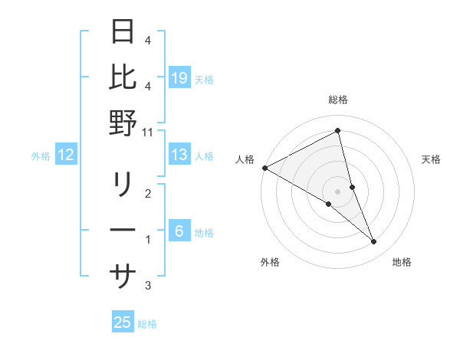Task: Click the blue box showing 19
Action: (x=179, y=78)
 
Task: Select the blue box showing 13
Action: (x=179, y=155)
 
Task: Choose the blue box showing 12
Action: (x=66, y=155)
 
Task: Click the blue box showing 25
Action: (x=123, y=322)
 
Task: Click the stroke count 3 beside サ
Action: (x=148, y=286)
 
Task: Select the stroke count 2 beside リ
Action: (x=148, y=194)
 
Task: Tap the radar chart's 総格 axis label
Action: (x=338, y=100)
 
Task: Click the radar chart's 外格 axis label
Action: (x=270, y=262)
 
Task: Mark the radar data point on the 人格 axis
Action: (x=264, y=168)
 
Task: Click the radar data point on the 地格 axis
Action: (x=374, y=242)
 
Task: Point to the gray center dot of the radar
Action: (x=337, y=191)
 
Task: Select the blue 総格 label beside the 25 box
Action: (x=147, y=324)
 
